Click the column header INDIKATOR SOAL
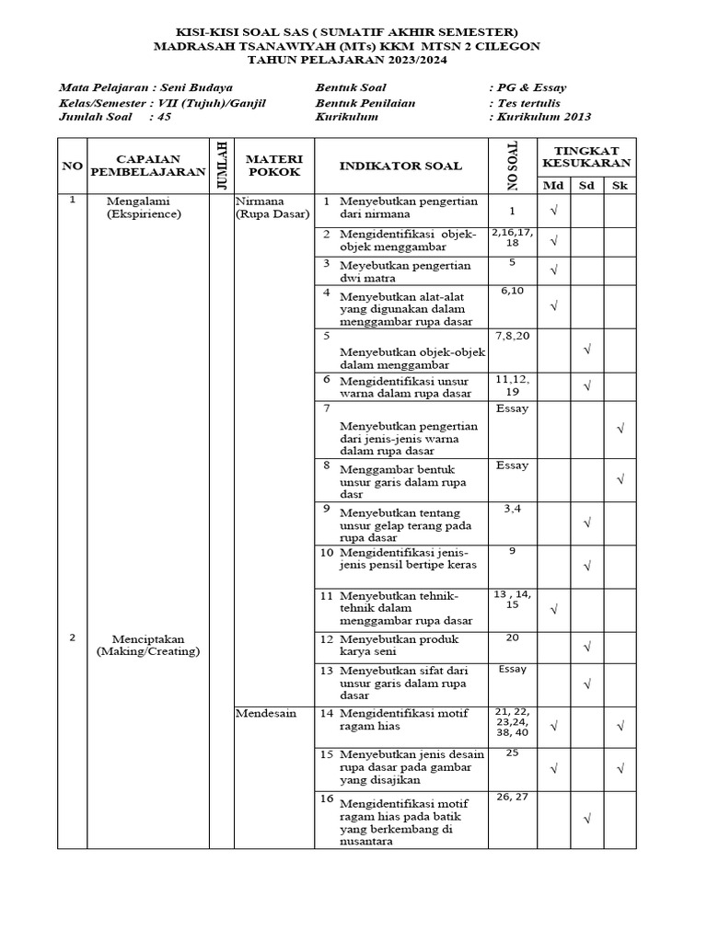tap(400, 166)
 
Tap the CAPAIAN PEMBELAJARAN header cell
tap(148, 166)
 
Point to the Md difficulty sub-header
tap(553, 185)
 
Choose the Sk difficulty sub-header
tap(620, 185)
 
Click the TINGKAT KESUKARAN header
tap(586, 156)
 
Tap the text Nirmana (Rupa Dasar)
tap(272, 207)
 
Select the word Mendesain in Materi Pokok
tap(266, 713)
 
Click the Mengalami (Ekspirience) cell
tap(144, 207)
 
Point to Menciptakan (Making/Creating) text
tap(148, 645)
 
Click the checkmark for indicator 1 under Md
tap(554, 212)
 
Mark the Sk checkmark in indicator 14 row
tap(620, 726)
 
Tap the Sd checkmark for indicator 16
tap(586, 817)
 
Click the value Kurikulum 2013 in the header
tap(543, 117)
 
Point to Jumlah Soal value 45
tap(164, 117)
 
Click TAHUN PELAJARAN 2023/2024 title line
tap(353, 59)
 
